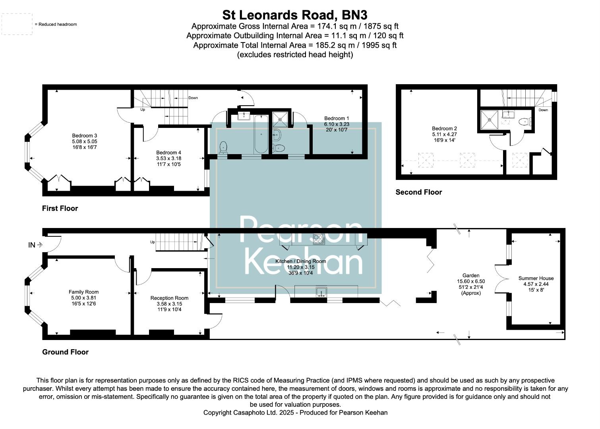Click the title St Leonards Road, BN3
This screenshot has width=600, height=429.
(294, 15)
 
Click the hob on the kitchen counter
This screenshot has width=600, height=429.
(319, 239)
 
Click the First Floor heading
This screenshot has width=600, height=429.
(60, 209)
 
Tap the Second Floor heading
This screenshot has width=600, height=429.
(418, 192)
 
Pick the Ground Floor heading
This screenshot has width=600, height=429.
(65, 352)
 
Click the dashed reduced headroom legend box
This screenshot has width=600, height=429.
(17, 24)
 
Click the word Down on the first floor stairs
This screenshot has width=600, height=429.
(193, 98)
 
